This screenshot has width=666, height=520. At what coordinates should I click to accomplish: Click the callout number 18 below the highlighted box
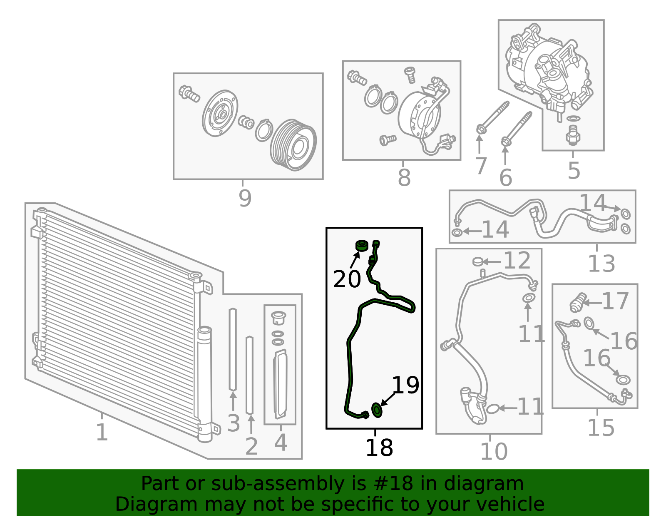tap(379, 448)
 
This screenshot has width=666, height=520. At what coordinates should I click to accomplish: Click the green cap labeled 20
tap(361, 246)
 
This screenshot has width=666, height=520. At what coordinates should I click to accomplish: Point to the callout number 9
tap(245, 198)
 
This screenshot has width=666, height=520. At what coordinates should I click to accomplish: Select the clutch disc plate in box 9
tap(220, 113)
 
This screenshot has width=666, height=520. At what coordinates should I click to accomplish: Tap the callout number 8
tap(404, 178)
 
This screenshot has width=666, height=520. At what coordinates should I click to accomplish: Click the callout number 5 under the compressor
tap(574, 171)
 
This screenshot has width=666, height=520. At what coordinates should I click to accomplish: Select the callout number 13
tap(601, 264)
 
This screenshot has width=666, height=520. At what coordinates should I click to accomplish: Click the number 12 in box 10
tap(517, 261)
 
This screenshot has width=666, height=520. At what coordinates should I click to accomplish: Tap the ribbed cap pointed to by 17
tap(578, 302)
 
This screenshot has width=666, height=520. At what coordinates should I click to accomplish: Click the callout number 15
tap(601, 428)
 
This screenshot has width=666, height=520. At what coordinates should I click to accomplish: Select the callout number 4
tap(281, 442)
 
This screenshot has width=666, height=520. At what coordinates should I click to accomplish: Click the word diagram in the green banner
tap(496, 484)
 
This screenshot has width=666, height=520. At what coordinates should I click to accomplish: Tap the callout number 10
tap(493, 451)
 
